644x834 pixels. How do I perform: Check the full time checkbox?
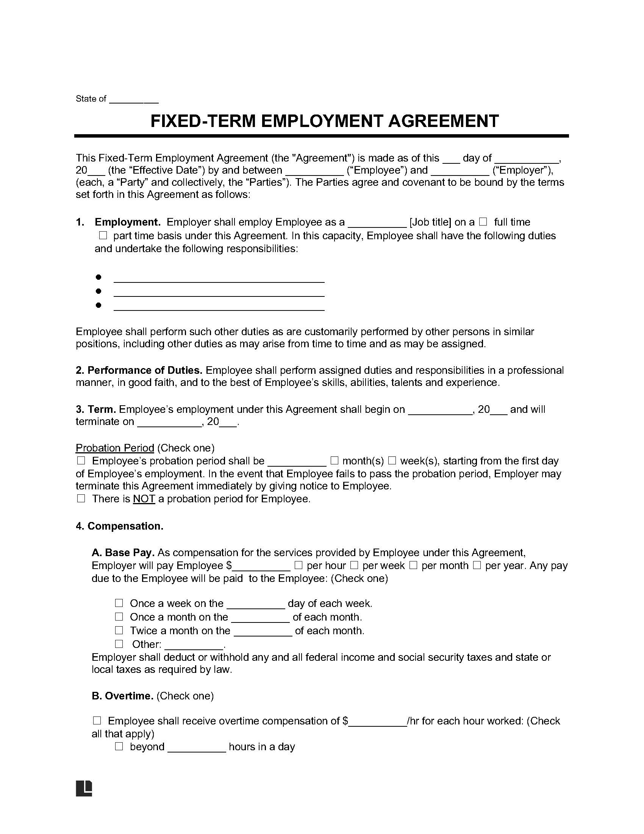(483, 221)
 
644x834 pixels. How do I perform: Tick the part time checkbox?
(103, 235)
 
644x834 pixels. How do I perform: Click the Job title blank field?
(377, 223)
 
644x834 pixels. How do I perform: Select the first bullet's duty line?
(219, 279)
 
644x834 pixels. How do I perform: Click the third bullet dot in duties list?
(98, 305)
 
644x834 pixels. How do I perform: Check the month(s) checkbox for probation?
(335, 460)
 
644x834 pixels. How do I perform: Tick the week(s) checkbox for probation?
(392, 460)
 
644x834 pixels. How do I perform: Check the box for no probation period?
(81, 499)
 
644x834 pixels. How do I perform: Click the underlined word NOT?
(144, 499)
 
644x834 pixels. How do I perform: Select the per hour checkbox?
(299, 565)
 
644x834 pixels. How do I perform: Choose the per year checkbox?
(477, 565)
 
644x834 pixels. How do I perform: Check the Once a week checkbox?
(119, 603)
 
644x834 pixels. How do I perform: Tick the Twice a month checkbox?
(119, 630)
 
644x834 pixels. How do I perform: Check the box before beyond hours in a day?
(119, 746)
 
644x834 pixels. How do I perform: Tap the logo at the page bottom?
(84, 788)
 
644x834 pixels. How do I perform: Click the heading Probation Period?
(115, 448)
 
